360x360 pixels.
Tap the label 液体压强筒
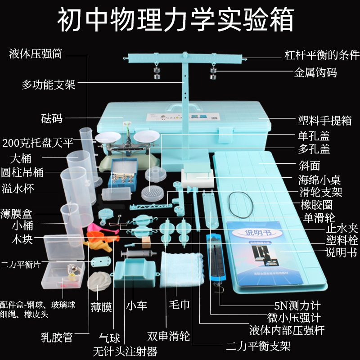pos(36,55)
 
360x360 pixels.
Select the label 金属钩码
pos(315,72)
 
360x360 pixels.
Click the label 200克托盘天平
pos(37,143)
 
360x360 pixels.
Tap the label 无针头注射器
pos(125,350)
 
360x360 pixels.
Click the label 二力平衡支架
pos(259,346)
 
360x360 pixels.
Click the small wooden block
pos(146,242)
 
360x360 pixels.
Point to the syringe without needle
pos(135,254)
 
